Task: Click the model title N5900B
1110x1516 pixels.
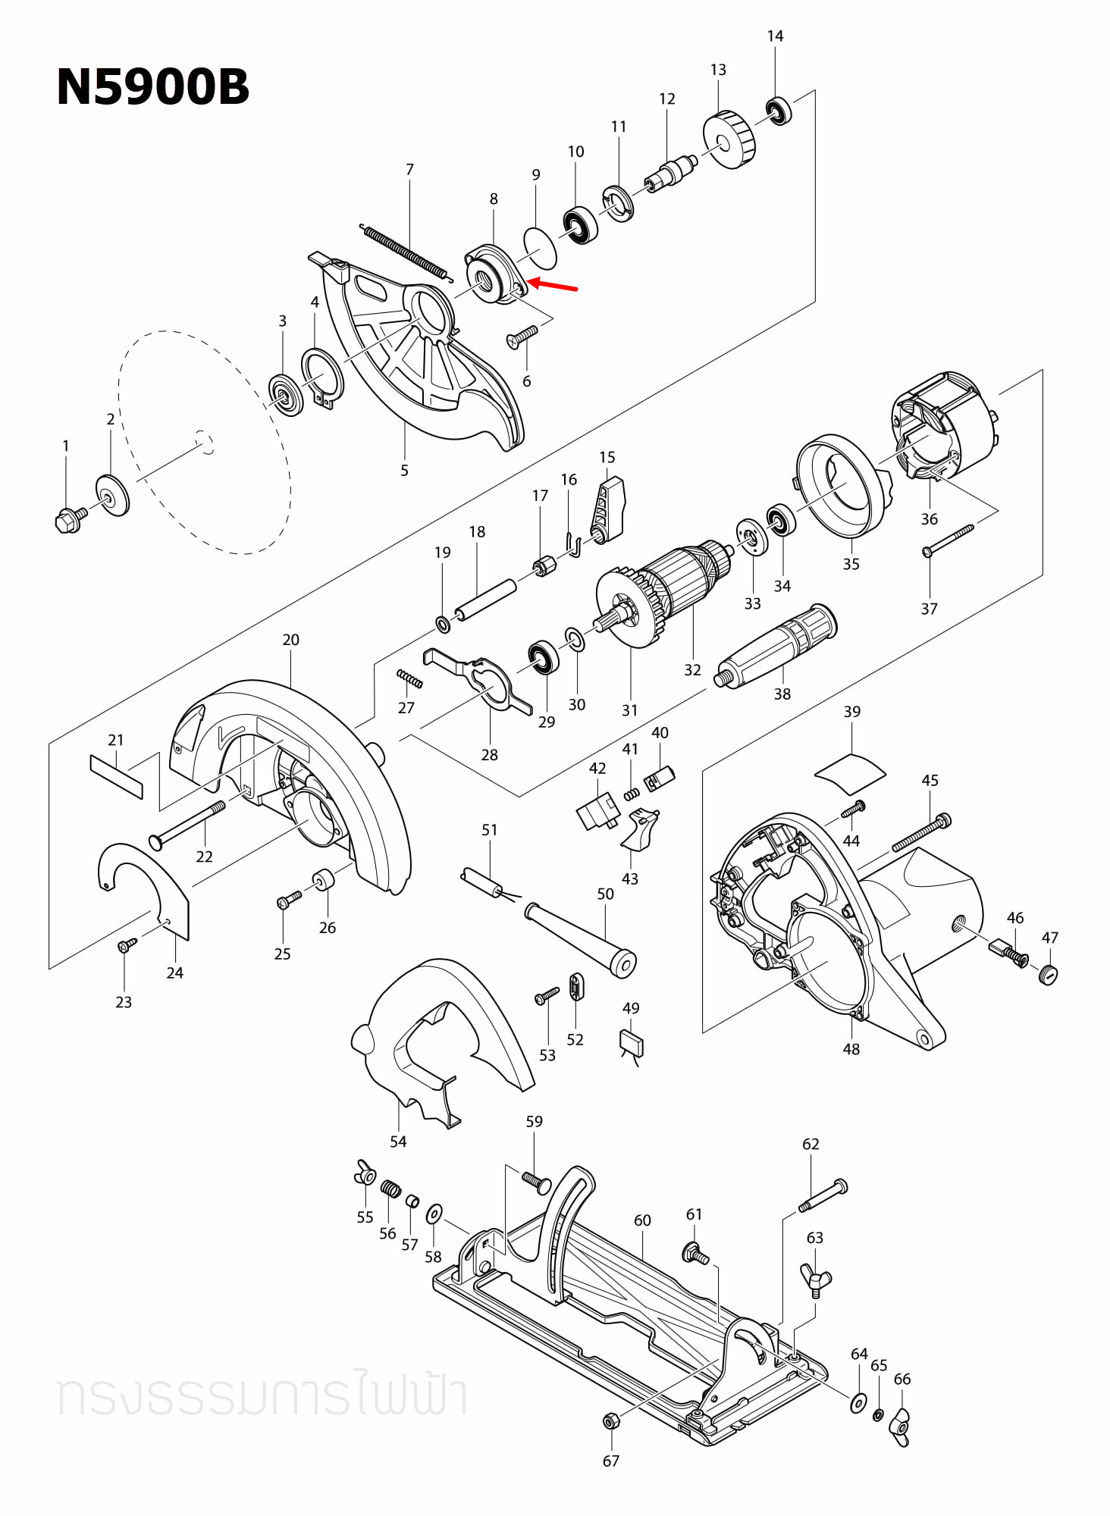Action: (x=152, y=86)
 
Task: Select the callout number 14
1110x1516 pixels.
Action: (x=775, y=36)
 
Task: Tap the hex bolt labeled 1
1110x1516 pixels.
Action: (x=69, y=520)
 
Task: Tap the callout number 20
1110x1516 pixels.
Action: (x=290, y=640)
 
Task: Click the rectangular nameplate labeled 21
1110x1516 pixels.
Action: (x=116, y=776)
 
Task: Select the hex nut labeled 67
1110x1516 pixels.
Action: (x=610, y=1420)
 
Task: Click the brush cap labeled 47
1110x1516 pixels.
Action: (x=1048, y=974)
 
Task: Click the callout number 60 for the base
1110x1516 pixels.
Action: (x=642, y=1220)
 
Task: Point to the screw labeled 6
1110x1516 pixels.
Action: (x=522, y=336)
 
